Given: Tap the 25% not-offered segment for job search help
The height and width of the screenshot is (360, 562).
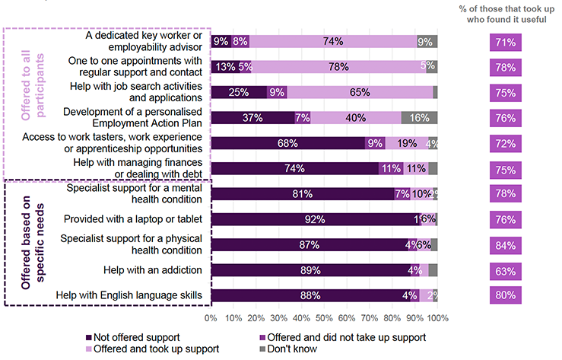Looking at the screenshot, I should point(239,92).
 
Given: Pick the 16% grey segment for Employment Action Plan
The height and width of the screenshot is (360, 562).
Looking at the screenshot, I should point(419,118).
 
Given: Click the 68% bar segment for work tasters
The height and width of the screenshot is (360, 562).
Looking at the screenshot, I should point(287,143).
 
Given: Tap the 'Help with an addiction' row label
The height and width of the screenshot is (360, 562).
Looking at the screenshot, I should point(158,270).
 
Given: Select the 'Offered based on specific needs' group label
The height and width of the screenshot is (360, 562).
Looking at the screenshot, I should point(26,242).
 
